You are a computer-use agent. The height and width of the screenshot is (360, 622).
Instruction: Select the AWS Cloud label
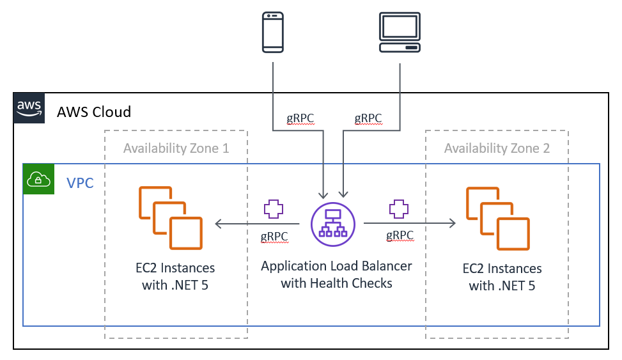[94, 112]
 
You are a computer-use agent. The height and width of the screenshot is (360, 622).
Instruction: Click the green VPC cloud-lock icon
[38, 180]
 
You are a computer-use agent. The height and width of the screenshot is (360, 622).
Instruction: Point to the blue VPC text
[81, 184]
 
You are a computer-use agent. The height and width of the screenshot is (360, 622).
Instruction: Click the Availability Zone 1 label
[176, 148]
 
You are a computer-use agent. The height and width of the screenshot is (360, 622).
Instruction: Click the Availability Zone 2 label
[497, 148]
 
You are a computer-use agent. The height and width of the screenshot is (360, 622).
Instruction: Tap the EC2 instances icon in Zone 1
[170, 217]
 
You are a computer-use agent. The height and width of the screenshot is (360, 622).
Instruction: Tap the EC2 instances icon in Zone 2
[497, 218]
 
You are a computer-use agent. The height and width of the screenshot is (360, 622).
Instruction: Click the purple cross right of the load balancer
[399, 209]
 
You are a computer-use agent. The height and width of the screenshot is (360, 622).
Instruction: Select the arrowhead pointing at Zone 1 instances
[219, 224]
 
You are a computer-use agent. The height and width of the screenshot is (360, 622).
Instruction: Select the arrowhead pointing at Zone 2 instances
[452, 224]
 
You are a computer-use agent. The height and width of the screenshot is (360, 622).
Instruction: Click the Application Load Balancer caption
[336, 274]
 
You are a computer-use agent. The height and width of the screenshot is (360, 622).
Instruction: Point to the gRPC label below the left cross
[274, 236]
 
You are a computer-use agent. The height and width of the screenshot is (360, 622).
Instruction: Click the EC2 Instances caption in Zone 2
[502, 277]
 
